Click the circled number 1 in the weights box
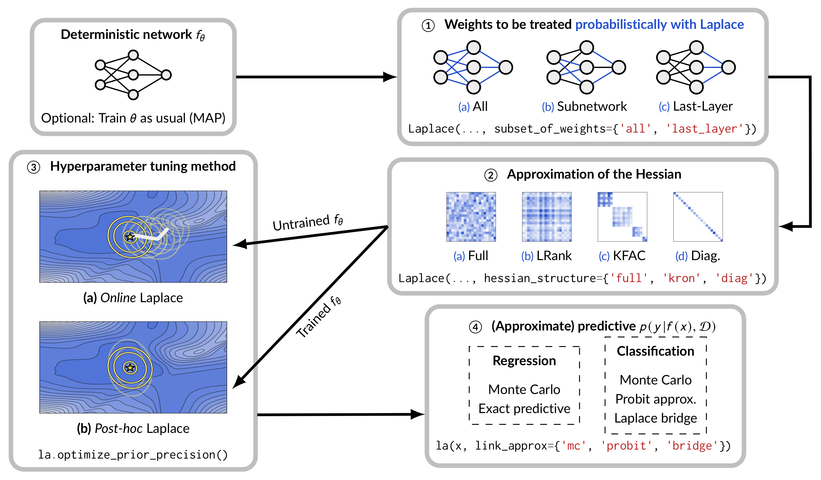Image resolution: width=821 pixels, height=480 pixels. coord(428,26)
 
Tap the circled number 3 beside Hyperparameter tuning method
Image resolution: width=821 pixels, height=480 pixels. coord(34,167)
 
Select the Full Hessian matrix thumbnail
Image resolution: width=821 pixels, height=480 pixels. coord(471,217)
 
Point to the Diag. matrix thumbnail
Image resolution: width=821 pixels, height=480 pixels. coord(698,217)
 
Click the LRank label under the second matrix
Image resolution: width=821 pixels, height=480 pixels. coord(554,256)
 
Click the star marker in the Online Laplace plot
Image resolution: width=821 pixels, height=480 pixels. coord(130,237)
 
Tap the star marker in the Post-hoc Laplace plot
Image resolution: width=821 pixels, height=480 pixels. coord(130,368)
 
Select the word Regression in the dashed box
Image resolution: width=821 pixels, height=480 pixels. coord(524,361)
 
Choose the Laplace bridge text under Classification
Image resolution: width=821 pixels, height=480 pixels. coord(655,418)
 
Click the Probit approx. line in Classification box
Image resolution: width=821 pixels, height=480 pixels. coord(655,399)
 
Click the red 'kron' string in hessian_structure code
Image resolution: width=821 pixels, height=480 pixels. coord(681,278)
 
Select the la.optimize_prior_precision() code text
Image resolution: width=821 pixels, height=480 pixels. coord(133,455)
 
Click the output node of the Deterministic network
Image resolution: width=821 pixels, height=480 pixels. coord(166,75)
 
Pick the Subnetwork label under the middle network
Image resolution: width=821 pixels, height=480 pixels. coord(591,107)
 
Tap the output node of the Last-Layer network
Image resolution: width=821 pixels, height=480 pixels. coord(728,67)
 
